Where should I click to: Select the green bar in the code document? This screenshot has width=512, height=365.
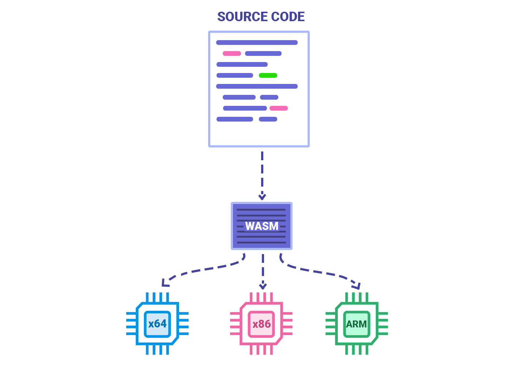point(268,76)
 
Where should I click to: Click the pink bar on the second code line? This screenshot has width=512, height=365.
point(232,54)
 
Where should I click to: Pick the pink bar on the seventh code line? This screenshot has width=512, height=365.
point(279,108)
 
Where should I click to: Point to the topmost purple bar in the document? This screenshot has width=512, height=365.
point(257,43)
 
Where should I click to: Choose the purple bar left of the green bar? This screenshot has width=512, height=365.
point(235,76)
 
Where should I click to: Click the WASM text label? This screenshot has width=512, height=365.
point(262,226)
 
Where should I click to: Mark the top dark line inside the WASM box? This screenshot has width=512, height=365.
point(261,210)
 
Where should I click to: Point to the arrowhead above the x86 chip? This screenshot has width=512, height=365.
point(263,286)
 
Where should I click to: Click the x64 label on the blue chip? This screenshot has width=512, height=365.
point(157,324)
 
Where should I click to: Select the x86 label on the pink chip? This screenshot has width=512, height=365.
point(261,324)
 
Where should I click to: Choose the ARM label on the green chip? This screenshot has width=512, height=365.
point(357,324)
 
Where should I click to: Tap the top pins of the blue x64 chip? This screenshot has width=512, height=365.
point(158,297)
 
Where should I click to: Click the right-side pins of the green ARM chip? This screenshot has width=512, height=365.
point(383,323)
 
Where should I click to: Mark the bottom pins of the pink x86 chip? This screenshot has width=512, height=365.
point(261,350)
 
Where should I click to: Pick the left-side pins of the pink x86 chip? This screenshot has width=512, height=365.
point(235,323)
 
